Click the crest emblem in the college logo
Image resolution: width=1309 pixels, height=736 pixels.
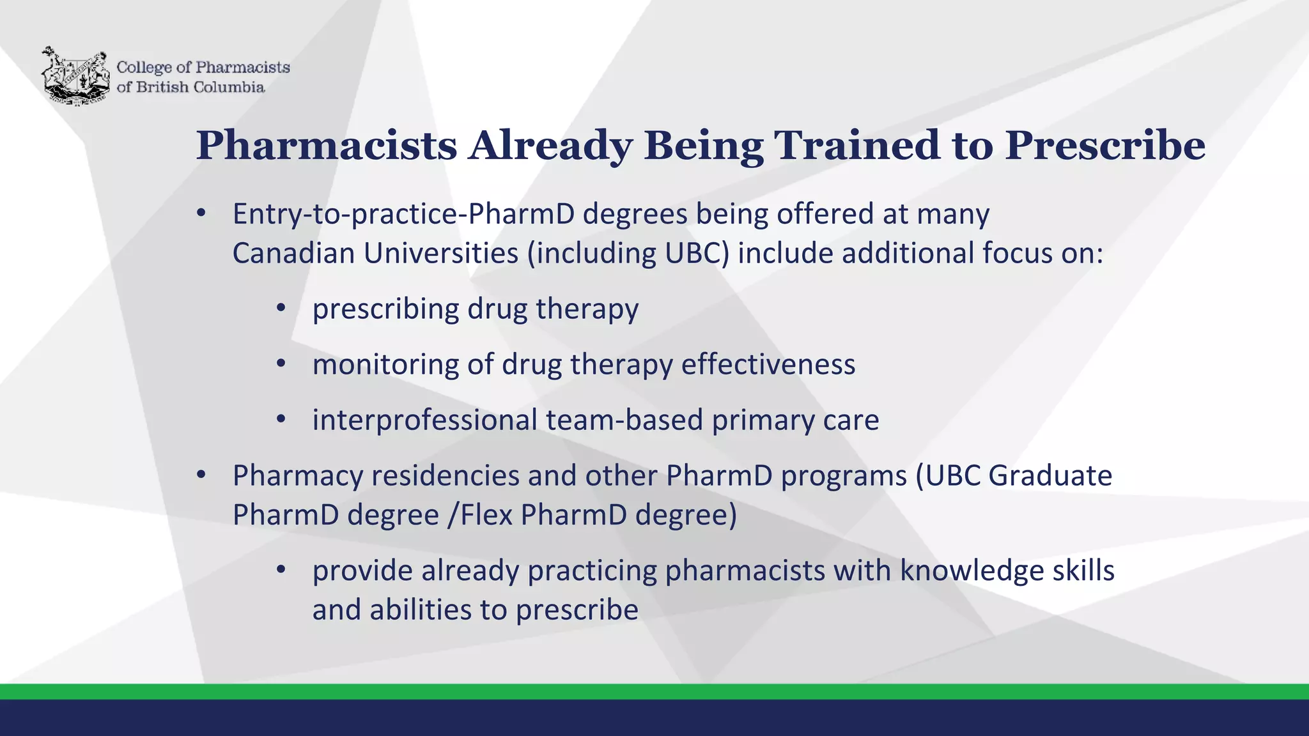75,75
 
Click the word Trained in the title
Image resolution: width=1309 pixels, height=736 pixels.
856,146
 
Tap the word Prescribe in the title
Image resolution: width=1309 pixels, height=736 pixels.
1105,146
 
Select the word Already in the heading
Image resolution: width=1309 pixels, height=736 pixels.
550,146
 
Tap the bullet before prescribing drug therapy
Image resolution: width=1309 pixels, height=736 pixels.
281,309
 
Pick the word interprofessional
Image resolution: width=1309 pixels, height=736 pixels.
424,420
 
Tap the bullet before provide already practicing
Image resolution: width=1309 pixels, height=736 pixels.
281,569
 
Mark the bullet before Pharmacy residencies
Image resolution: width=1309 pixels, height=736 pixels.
201,475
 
